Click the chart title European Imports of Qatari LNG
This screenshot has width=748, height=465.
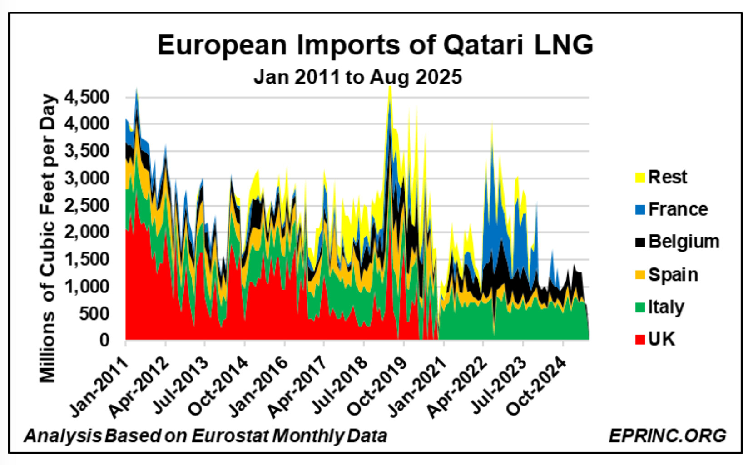click(375, 45)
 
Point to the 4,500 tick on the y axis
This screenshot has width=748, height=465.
click(87, 97)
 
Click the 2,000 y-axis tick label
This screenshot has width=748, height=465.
click(87, 232)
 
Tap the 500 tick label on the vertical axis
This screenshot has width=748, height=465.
click(94, 313)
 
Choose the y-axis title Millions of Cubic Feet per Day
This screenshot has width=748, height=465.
click(48, 238)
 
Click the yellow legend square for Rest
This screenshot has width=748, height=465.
click(639, 178)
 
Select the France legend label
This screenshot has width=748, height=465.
click(678, 209)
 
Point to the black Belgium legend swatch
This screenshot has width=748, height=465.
click(639, 242)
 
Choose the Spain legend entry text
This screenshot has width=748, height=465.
click(673, 275)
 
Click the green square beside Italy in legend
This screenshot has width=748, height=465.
click(639, 307)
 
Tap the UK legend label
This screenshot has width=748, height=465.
click(661, 339)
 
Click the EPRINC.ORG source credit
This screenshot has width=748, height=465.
click(667, 435)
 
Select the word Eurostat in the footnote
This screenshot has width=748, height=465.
click(230, 436)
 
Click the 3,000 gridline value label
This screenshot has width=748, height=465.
click(87, 178)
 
